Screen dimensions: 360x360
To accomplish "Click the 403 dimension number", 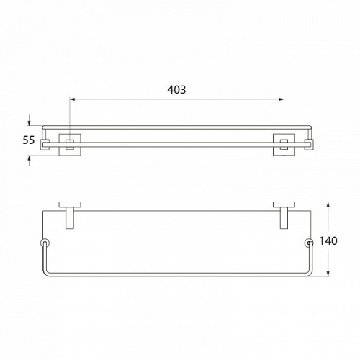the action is pos(176,89).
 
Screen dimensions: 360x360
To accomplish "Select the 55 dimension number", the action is pos(29,140).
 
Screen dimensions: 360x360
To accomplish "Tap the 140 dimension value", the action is pos(328,240).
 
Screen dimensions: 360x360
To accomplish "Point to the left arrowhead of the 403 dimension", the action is pos(73,99).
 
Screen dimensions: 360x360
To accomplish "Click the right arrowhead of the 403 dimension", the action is pos(282,99).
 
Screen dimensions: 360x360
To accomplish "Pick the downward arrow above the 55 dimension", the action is pos(30,120).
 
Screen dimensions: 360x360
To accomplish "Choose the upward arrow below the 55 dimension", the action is pos(30,161).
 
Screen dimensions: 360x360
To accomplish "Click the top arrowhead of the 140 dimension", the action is pos(328,204).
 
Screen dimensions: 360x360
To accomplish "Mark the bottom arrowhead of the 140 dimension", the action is pos(328,274).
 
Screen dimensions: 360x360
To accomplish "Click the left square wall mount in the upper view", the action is pos(70,145).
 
